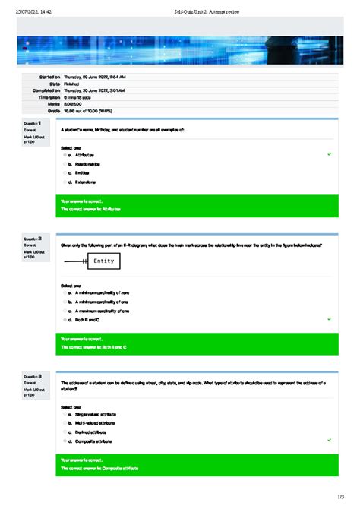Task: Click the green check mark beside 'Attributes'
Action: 329,154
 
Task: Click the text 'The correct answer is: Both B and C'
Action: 93,347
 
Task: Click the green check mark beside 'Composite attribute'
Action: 329,440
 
